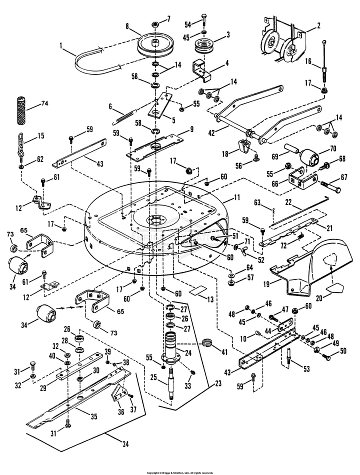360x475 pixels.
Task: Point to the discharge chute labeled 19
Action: [300, 272]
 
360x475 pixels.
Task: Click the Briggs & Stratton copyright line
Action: [179, 472]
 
